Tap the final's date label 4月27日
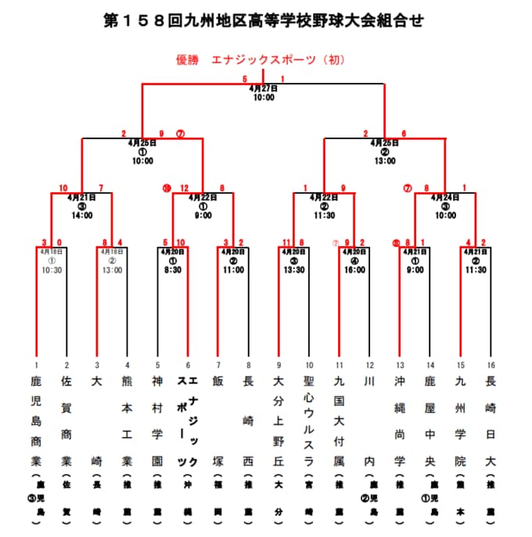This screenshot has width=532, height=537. click(x=264, y=88)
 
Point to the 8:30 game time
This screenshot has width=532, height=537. click(x=172, y=270)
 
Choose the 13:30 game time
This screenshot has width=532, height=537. click(x=293, y=270)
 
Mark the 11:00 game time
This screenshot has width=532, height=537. click(x=233, y=270)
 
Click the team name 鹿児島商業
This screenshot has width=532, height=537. click(x=36, y=422)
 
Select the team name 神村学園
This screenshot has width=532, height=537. click(x=157, y=422)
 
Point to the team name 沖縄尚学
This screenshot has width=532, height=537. click(x=400, y=422)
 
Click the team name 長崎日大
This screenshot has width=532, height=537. click(x=491, y=422)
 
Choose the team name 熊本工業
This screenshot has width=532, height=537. click(x=127, y=422)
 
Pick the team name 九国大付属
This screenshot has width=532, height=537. click(x=339, y=422)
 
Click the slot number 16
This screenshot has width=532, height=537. click(x=491, y=365)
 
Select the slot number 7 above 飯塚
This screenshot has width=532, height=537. click(x=218, y=365)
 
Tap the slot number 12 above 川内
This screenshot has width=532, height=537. click(x=369, y=365)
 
